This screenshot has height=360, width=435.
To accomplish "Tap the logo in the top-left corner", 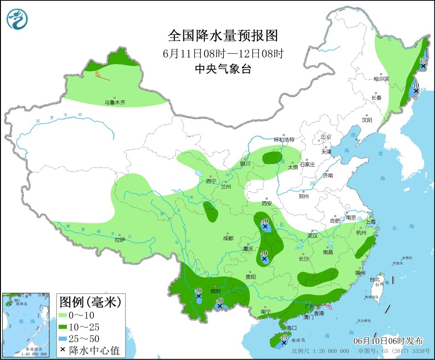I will (18, 19).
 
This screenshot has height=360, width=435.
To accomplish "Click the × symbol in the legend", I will (63, 350).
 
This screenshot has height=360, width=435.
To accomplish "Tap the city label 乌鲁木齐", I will (114, 103).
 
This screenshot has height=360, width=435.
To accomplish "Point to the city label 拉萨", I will (120, 239).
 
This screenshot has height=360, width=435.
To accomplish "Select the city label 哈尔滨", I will (381, 79).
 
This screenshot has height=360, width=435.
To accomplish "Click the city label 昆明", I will (215, 291).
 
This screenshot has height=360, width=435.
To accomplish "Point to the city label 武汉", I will (313, 236).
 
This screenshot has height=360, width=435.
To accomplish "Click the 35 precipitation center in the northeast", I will (423, 67).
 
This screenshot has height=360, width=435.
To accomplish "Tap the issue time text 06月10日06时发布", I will (388, 341).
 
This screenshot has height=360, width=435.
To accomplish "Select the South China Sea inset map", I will (27, 325).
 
